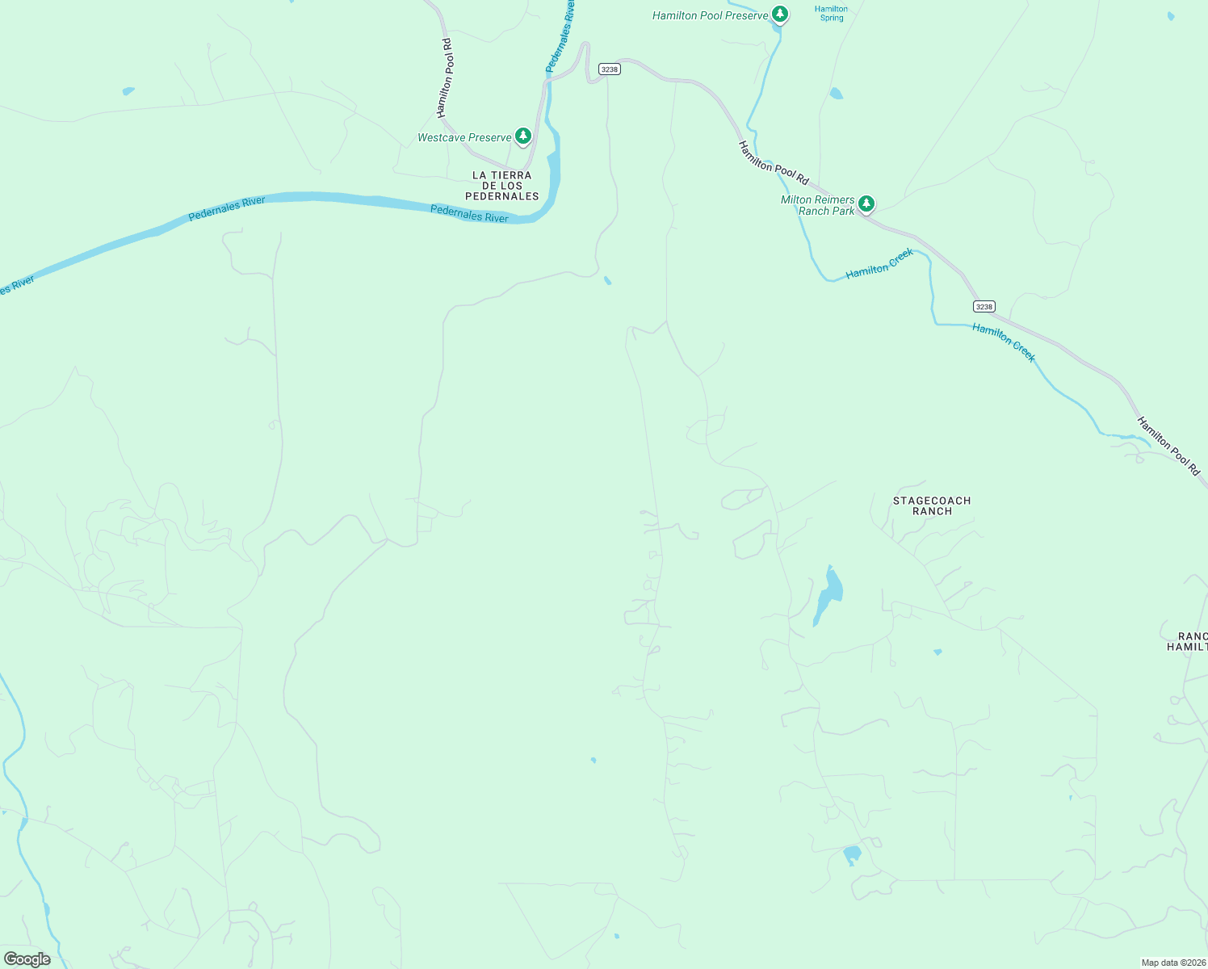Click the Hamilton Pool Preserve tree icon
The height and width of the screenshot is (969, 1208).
(779, 14)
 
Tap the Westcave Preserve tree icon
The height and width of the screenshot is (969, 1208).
(523, 136)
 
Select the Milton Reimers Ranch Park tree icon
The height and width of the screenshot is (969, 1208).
(866, 203)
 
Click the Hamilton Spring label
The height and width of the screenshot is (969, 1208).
(831, 14)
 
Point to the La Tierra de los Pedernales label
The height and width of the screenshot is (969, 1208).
(502, 186)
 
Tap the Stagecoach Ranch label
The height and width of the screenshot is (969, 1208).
(932, 505)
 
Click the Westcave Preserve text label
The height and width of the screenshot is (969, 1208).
(464, 138)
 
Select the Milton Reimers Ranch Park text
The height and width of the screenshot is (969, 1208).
(817, 205)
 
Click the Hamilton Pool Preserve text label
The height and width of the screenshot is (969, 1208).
(710, 15)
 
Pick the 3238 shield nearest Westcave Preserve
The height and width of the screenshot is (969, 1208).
(610, 69)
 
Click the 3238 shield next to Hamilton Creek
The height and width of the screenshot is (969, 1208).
(984, 307)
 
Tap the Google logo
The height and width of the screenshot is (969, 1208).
(27, 959)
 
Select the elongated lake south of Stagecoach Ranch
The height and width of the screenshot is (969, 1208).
(828, 596)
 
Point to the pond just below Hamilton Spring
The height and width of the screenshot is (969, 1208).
(836, 94)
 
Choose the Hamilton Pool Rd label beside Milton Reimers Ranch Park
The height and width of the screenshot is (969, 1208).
(773, 162)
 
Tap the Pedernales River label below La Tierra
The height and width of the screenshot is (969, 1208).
(469, 214)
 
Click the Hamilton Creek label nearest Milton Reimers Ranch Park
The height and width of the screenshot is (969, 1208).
(879, 264)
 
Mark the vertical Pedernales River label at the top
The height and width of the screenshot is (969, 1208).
(560, 36)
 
